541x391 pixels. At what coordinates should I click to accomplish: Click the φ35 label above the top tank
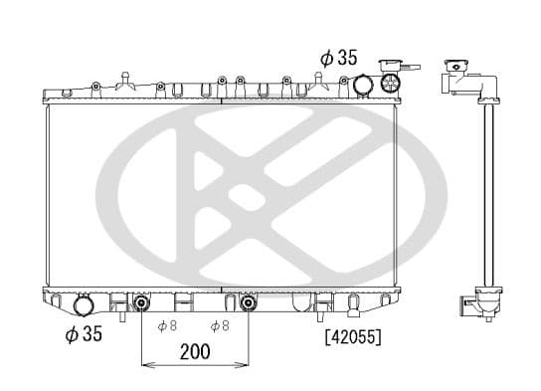337,58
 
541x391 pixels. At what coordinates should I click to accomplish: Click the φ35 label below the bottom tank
84,334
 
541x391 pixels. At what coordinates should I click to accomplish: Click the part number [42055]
352,336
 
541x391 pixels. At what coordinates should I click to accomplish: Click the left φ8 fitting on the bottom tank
141,301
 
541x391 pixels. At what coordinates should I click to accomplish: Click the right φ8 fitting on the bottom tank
247,301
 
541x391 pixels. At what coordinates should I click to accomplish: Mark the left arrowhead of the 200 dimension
146,366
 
